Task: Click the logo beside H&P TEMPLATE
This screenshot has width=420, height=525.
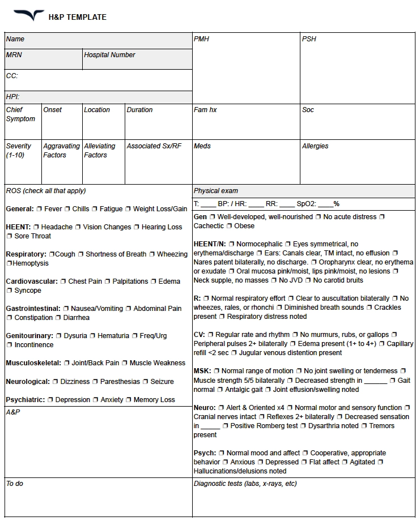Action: (28, 15)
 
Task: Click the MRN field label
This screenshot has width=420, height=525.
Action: (14, 55)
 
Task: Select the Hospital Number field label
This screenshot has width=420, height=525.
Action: (109, 55)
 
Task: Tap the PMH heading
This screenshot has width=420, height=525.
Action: (201, 39)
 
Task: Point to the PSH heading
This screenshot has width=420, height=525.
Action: (309, 39)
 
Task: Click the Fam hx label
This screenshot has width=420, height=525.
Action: (205, 110)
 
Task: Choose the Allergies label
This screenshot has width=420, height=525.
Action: (315, 146)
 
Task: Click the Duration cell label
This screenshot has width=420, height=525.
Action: (139, 110)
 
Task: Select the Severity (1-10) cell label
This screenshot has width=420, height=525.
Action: (19, 151)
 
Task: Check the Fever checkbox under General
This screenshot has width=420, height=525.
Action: (39, 209)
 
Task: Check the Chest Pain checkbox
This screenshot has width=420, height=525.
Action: (63, 281)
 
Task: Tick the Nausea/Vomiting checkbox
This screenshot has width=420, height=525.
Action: (66, 309)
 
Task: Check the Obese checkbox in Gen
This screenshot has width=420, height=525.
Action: (230, 226)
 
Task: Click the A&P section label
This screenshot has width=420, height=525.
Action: (13, 412)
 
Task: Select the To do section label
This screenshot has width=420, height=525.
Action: (15, 484)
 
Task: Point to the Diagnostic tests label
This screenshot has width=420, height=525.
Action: (245, 484)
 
